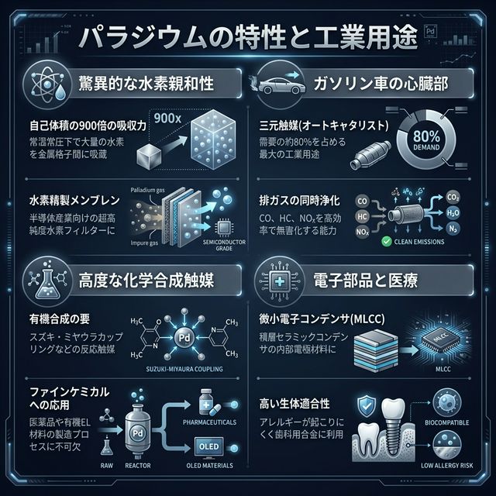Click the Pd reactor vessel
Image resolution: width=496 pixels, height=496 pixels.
(136, 431)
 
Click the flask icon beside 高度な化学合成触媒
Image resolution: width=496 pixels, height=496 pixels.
(36, 277)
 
